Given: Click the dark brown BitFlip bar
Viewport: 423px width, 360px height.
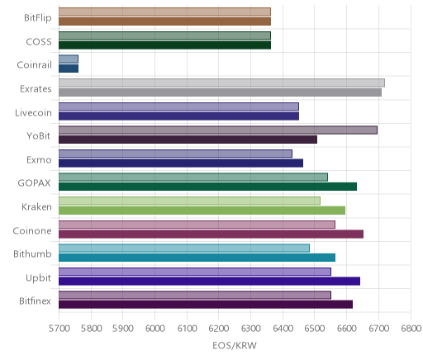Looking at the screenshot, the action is pyautogui.click(x=164, y=21).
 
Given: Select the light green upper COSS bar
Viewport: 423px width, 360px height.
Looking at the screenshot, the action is pyautogui.click(x=164, y=36).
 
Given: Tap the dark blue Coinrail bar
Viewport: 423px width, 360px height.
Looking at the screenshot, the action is pyautogui.click(x=69, y=69).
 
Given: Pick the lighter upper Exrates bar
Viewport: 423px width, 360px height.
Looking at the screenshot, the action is pyautogui.click(x=221, y=83).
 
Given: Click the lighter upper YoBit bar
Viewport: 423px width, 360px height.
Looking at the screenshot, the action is pyautogui.click(x=218, y=130).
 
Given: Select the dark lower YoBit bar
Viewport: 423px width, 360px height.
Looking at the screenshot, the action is pyautogui.click(x=188, y=140).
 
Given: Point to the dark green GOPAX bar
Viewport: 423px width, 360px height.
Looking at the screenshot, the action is pyautogui.click(x=207, y=187).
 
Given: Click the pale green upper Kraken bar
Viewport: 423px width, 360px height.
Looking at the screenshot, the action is pyautogui.click(x=189, y=201).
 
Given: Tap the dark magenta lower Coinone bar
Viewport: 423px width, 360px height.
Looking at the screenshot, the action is pyautogui.click(x=211, y=234).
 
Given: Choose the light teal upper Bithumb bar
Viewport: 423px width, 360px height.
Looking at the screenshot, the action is pyautogui.click(x=184, y=249).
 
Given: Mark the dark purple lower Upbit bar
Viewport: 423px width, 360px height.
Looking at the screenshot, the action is pyautogui.click(x=209, y=282).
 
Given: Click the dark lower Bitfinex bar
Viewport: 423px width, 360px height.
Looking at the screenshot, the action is pyautogui.click(x=206, y=305).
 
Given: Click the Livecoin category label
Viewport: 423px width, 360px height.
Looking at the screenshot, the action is pyautogui.click(x=33, y=113).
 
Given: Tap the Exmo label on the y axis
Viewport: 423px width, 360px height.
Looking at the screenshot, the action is pyautogui.click(x=39, y=160).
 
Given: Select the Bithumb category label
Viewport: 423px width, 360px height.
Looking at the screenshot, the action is pyautogui.click(x=32, y=253).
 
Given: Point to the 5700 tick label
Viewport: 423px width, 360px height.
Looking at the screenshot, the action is pyautogui.click(x=59, y=329).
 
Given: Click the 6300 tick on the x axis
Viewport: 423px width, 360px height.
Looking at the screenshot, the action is pyautogui.click(x=250, y=329).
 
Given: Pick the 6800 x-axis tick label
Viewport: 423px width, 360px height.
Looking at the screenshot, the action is pyautogui.click(x=411, y=329).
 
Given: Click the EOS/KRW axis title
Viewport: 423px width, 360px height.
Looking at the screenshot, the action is pyautogui.click(x=235, y=346).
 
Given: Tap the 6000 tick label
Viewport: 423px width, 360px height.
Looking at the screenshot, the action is pyautogui.click(x=154, y=329).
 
